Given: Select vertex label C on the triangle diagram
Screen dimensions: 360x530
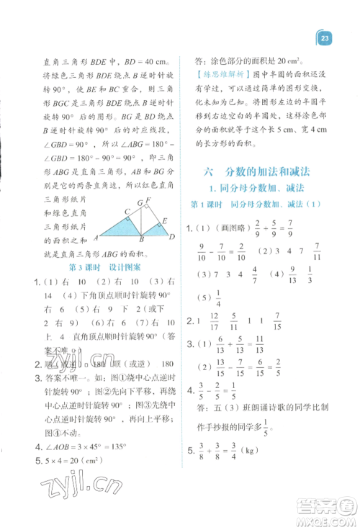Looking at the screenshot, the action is click(x=127, y=212).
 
